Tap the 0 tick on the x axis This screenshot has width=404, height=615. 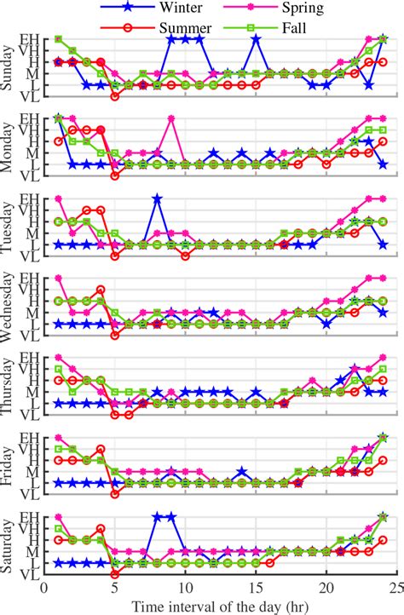pyautogui.click(x=44, y=588)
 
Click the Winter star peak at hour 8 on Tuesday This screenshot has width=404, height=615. pyautogui.click(x=157, y=198)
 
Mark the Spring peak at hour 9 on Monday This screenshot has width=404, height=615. pyautogui.click(x=171, y=118)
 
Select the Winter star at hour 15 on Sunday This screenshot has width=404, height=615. pyautogui.click(x=256, y=39)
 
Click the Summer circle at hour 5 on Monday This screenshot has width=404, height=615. pyautogui.click(x=115, y=176)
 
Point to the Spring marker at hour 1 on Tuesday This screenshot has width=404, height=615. pyautogui.click(x=59, y=198)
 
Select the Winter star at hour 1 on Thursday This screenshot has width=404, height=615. pyautogui.click(x=59, y=403)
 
